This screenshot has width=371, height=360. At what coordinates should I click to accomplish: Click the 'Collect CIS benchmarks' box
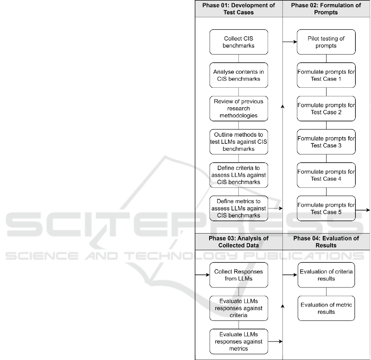[x=239, y=42]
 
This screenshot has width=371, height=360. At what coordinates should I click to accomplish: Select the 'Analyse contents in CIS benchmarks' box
[x=239, y=75]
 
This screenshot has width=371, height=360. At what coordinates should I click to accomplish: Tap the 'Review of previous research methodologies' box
[x=239, y=108]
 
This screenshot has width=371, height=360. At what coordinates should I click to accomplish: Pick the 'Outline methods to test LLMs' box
[x=239, y=142]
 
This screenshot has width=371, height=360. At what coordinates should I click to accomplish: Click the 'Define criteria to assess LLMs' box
[x=239, y=175]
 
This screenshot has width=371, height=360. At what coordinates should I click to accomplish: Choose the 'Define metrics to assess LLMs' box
[x=239, y=208]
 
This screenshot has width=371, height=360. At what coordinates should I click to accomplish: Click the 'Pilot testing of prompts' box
[x=326, y=42]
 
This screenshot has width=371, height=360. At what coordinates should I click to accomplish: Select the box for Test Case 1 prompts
[x=326, y=75]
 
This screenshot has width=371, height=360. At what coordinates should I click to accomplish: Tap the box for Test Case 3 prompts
[x=326, y=142]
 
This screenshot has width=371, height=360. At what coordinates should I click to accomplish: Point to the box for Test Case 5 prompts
[x=326, y=208]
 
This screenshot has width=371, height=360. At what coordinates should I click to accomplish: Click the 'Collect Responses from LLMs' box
[x=239, y=275]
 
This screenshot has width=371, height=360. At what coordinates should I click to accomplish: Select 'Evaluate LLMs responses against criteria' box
[x=239, y=308]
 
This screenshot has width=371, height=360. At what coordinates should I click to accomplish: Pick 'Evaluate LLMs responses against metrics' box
[x=239, y=341]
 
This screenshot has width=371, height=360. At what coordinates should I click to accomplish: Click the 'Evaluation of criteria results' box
[x=326, y=275]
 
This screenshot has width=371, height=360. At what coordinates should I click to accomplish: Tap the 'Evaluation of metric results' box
[x=326, y=308]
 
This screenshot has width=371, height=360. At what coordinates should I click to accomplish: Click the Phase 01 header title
[x=238, y=9]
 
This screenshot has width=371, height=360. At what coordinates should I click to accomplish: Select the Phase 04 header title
[x=326, y=242]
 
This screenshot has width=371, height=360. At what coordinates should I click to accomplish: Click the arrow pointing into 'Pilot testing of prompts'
[x=290, y=42]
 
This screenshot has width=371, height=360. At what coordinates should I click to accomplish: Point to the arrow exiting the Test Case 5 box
[x=363, y=210]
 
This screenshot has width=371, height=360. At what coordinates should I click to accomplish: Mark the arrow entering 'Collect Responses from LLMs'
[x=203, y=275]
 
